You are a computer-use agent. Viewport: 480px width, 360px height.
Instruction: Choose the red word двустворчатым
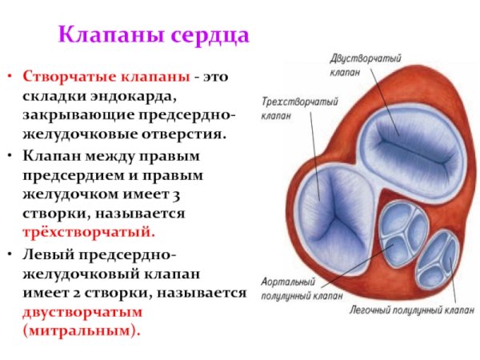82,311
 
